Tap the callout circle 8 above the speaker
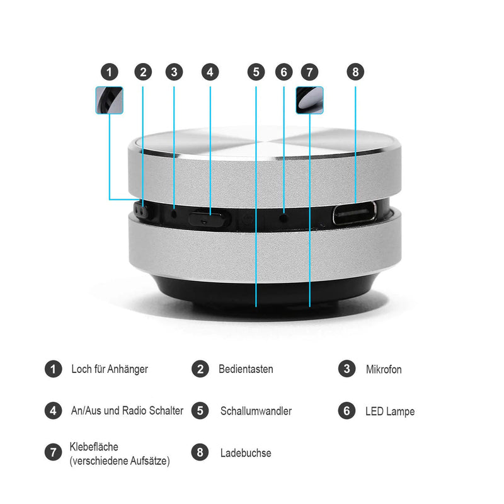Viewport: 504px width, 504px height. [355, 72]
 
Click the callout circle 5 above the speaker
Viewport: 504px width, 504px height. [256, 72]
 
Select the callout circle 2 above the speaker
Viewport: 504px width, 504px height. [143, 72]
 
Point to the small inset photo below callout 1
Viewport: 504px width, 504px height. [109, 100]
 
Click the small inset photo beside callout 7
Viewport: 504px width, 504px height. [309, 100]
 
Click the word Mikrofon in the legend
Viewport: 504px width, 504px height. [384, 369]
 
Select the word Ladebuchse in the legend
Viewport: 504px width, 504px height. [246, 452]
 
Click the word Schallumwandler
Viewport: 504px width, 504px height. [256, 411]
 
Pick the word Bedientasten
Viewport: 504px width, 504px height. [246, 369]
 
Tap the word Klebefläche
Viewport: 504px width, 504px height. [94, 447]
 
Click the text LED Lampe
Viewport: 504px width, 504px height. [390, 411]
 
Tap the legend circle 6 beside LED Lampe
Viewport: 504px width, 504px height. [346, 411]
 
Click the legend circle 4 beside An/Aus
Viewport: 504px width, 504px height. [53, 411]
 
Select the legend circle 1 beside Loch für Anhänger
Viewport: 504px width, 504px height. [53, 369]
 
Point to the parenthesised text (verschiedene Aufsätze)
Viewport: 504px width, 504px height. [120, 461]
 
